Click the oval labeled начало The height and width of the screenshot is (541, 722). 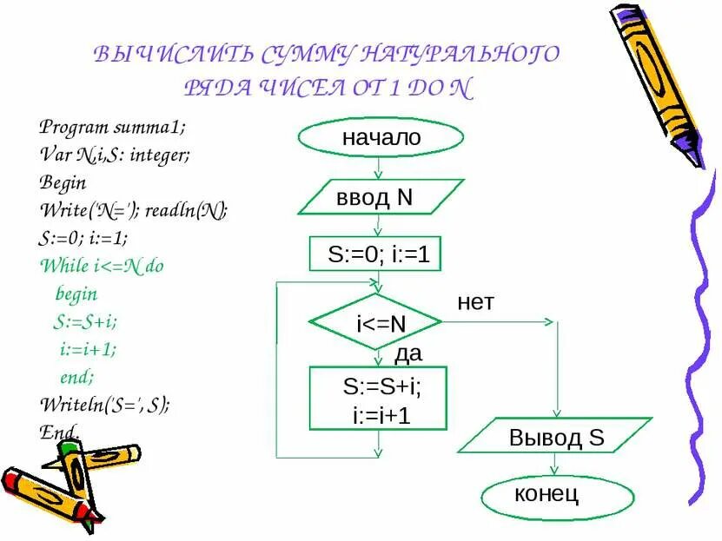click(381, 138)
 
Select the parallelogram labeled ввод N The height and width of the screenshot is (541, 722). click(381, 197)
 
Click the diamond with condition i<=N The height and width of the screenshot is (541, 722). click(377, 323)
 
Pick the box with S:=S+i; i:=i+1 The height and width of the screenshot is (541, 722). click(379, 398)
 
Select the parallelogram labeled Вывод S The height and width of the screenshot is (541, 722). click(554, 435)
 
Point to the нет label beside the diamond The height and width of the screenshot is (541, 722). click(475, 302)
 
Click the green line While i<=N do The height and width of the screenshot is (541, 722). click(102, 266)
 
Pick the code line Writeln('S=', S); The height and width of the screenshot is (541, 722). click(104, 404)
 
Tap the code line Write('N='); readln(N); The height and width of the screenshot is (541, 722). click(134, 209)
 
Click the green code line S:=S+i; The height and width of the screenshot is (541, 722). click(84, 321)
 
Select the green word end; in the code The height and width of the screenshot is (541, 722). click(76, 377)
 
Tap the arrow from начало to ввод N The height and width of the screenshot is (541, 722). click(378, 167)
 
